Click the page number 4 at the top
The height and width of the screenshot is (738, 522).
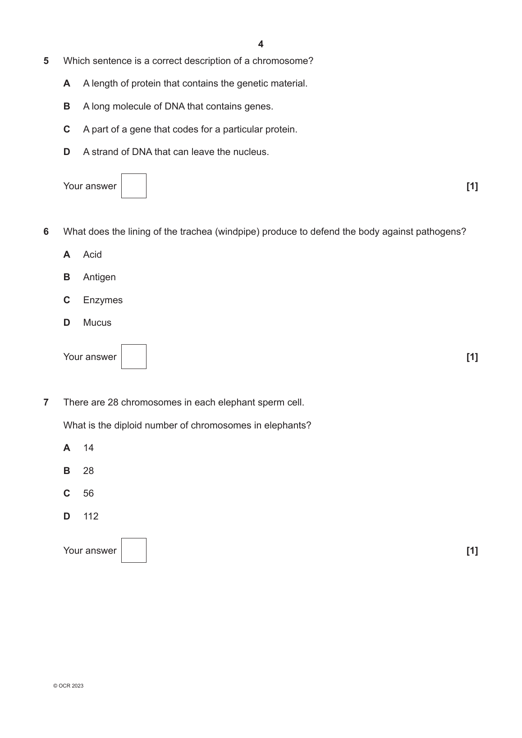(261, 44)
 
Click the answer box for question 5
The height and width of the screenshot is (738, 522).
(134, 186)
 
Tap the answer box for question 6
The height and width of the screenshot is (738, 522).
(134, 357)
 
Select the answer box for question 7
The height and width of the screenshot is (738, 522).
(134, 551)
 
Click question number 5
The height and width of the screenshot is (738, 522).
(46, 61)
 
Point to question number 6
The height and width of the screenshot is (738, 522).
(46, 232)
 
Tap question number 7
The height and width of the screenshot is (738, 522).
(46, 402)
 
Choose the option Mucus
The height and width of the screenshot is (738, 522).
(97, 323)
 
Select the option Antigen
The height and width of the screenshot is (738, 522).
(99, 277)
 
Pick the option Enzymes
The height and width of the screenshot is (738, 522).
(103, 300)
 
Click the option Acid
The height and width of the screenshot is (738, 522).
(92, 255)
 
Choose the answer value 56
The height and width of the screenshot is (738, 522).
(88, 493)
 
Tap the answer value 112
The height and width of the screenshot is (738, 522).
(91, 516)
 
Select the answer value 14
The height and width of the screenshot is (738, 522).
(88, 448)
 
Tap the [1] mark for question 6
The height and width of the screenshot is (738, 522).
(472, 357)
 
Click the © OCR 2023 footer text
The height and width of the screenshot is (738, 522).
(68, 686)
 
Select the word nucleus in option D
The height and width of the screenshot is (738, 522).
(250, 152)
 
